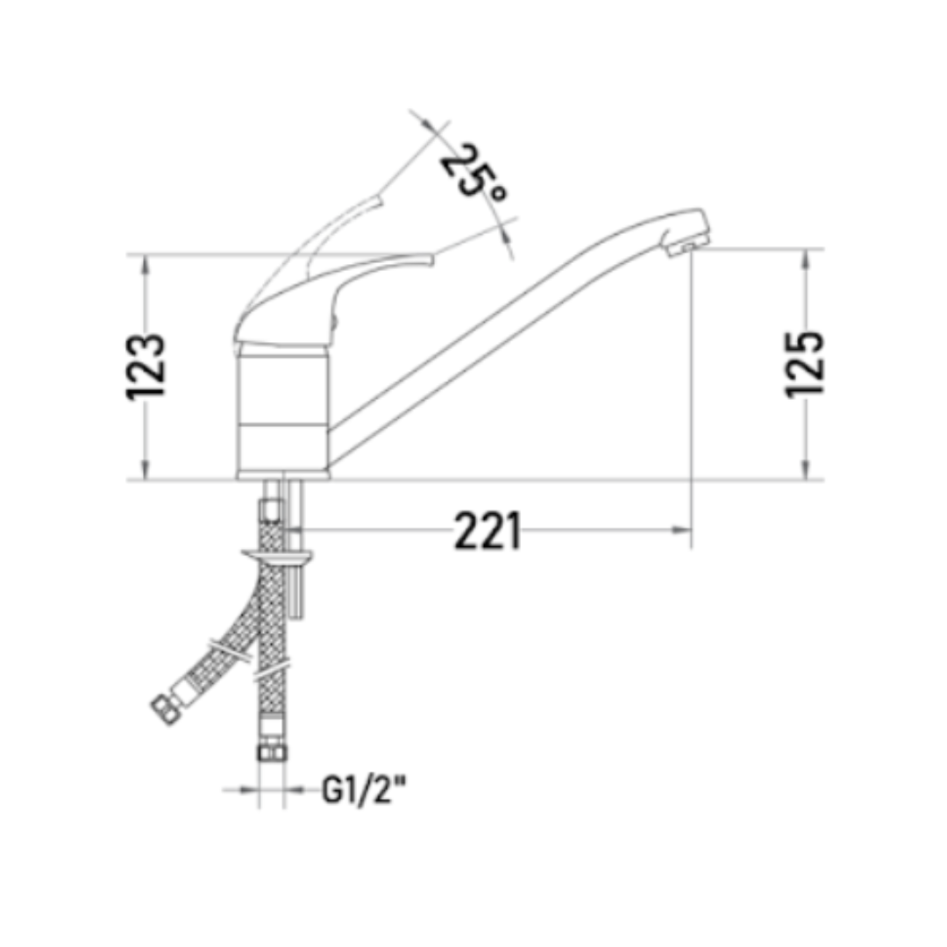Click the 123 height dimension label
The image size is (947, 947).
click(x=146, y=366)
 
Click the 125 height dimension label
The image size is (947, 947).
click(x=804, y=364)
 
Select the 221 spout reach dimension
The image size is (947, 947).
click(x=487, y=530)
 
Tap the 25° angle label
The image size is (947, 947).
click(x=473, y=172)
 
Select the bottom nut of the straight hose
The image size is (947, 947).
click(x=273, y=752)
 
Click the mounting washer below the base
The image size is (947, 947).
click(x=276, y=555)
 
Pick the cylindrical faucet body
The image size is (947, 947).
click(x=282, y=411)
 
